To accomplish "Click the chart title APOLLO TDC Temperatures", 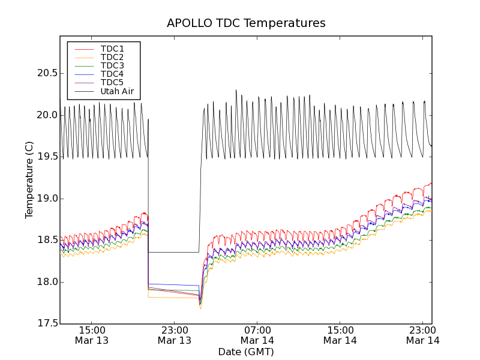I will (246, 23).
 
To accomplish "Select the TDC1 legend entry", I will (112, 49).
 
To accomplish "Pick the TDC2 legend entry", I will (112, 57).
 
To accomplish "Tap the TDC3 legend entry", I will (112, 65).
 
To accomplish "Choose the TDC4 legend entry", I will (112, 74).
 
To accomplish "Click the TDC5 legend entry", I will (112, 82).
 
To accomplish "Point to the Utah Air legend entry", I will (117, 91).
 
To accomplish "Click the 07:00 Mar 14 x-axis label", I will (257, 335).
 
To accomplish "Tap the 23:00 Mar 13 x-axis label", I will (175, 335).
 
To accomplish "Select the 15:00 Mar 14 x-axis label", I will (340, 335).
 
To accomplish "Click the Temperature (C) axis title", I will (29, 180).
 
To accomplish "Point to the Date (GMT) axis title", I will (246, 352).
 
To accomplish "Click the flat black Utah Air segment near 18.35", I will (174, 252).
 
